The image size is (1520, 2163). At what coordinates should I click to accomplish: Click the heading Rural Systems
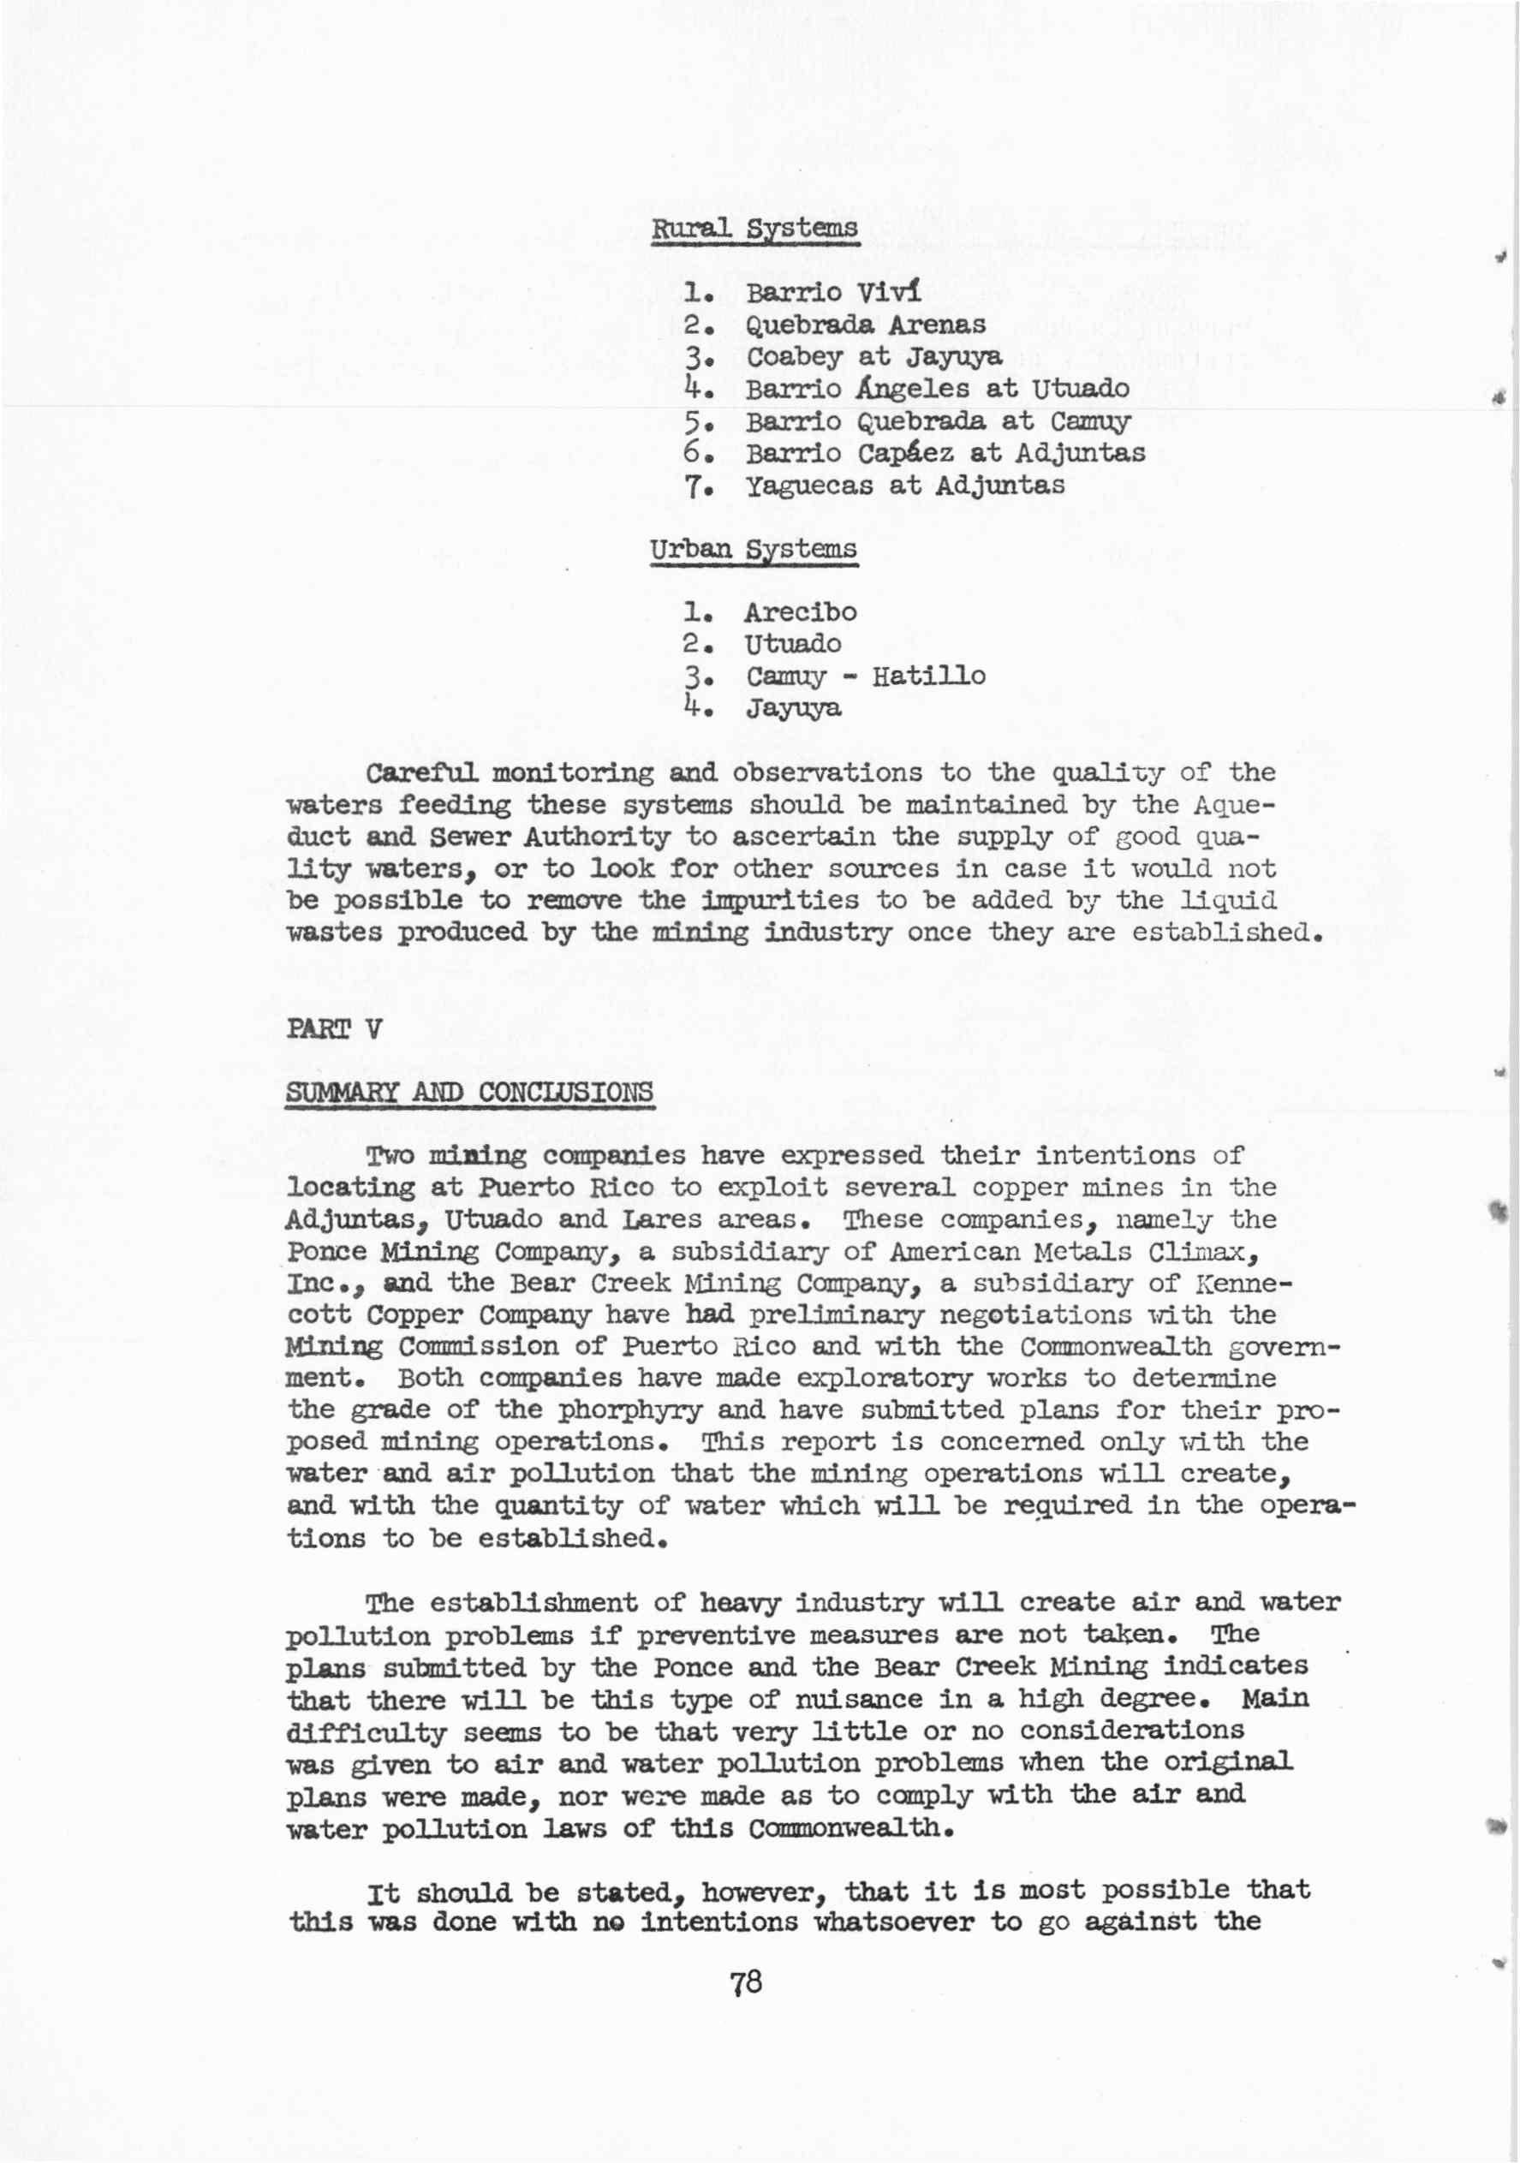(754, 229)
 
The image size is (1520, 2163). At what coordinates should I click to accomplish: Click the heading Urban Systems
(753, 549)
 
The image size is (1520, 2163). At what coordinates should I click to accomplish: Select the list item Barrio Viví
(833, 292)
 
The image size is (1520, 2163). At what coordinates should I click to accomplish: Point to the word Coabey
(795, 358)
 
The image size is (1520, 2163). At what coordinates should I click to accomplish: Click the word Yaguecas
(809, 486)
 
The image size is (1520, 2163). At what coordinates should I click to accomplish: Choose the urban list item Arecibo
(801, 612)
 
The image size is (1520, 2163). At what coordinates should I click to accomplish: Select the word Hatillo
(928, 676)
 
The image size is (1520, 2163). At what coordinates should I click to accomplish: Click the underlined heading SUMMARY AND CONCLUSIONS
(469, 1093)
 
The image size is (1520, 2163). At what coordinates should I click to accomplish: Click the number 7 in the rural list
(693, 487)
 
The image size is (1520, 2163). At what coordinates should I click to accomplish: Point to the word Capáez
(909, 454)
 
